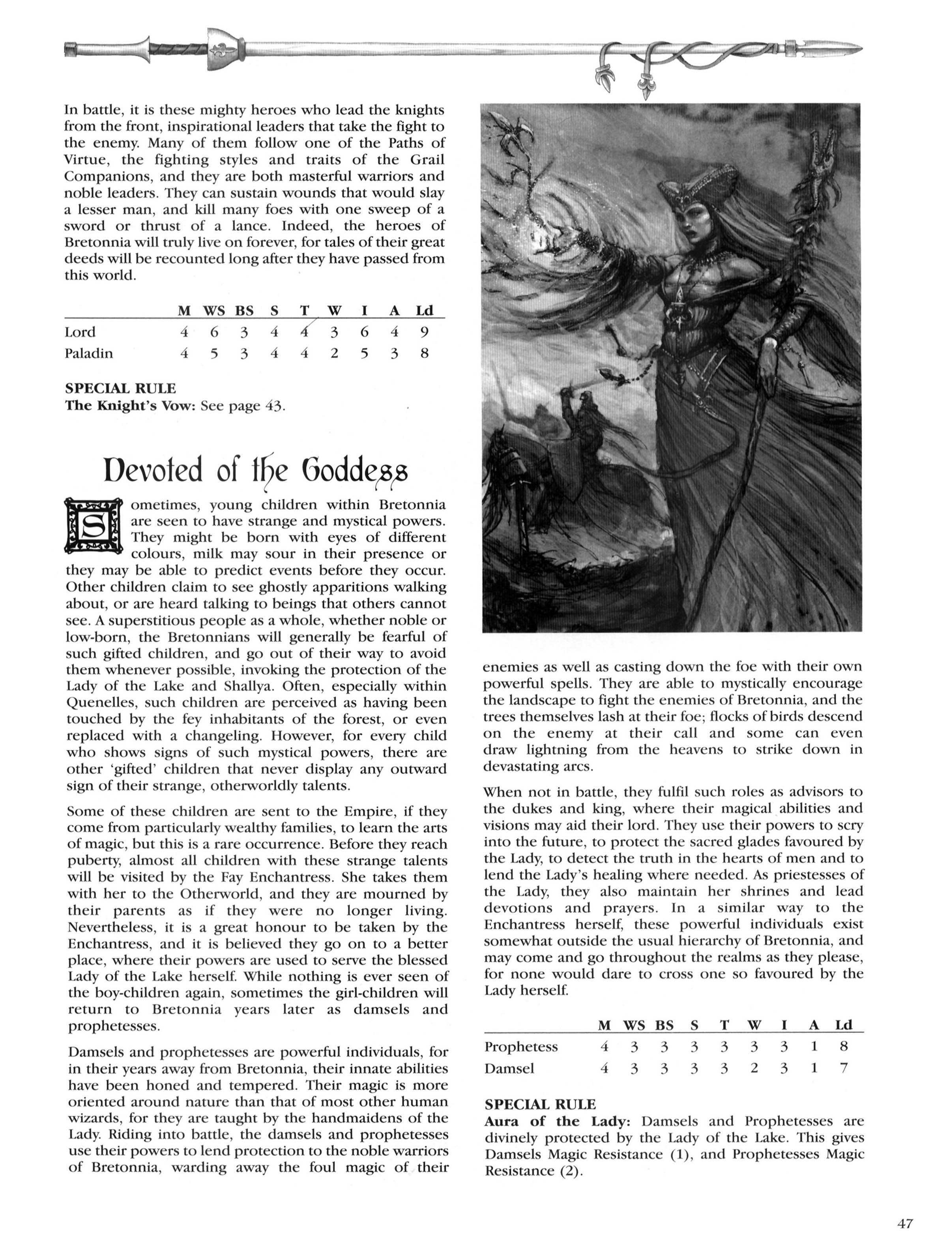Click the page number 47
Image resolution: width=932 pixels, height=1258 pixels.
[904, 1224]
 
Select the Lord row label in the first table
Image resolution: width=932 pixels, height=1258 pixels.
[80, 332]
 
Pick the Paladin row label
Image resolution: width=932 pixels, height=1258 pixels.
[88, 353]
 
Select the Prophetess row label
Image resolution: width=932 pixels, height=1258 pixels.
[521, 1047]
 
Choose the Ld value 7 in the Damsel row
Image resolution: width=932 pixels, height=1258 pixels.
[844, 1068]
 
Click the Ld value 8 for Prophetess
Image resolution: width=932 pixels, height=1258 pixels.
[844, 1047]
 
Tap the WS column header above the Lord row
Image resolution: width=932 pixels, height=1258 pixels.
[214, 311]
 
